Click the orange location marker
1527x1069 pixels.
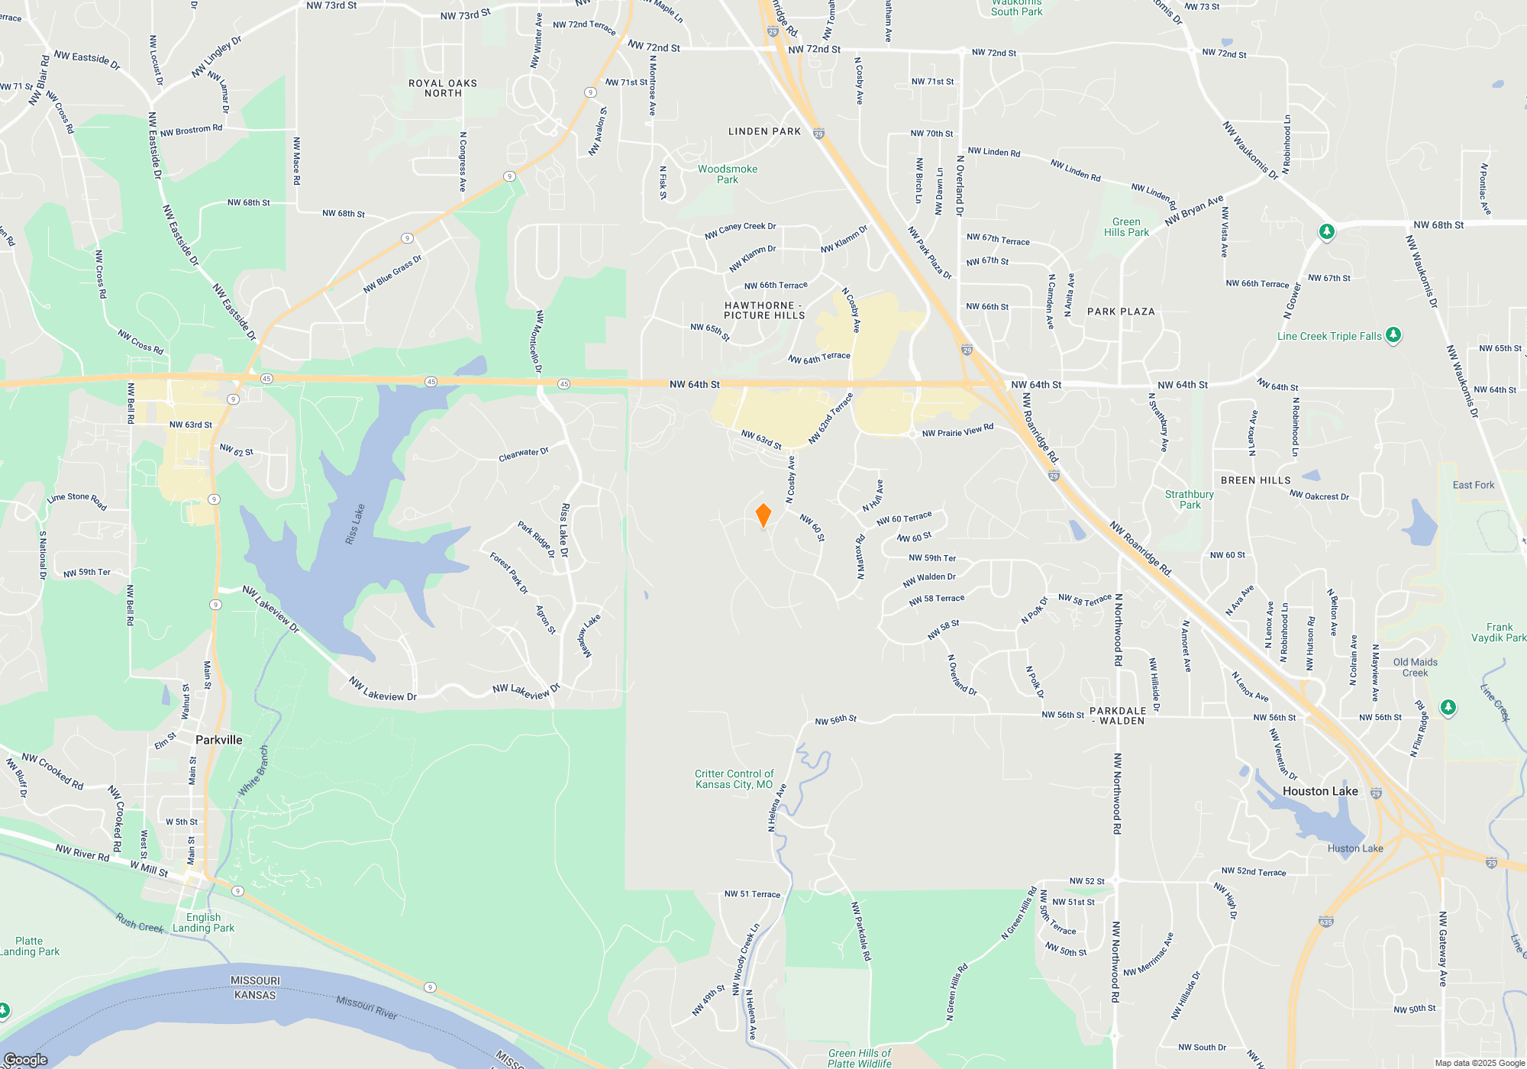pos(763,515)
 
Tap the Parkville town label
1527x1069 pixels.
pos(218,740)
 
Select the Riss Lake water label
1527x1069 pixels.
pos(355,525)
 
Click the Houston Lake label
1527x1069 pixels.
pos(1320,791)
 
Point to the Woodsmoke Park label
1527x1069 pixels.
pos(728,174)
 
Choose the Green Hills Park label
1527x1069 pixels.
pos(1126,227)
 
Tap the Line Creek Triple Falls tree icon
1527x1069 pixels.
pos(1393,334)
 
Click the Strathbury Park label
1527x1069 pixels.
pos(1190,499)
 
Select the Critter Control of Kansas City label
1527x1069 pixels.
pos(734,779)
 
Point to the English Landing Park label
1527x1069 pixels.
pos(203,922)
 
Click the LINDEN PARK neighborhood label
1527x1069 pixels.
pos(764,131)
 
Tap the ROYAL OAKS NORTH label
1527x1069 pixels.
pos(443,88)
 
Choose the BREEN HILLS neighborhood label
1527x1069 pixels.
pos(1255,480)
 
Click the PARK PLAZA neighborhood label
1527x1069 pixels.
pos(1121,312)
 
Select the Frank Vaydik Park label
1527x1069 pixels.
pos(1499,632)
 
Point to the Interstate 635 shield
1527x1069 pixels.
pos(1326,922)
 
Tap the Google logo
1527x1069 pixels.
pos(26,1059)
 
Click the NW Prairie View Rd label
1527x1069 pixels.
pos(957,431)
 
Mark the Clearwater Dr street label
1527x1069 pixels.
pos(524,454)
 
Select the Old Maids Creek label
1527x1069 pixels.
pos(1415,667)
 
